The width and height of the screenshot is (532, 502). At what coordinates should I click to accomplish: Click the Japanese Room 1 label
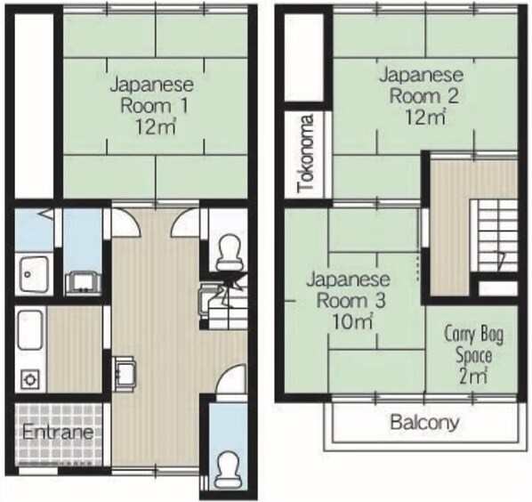pos(152,95)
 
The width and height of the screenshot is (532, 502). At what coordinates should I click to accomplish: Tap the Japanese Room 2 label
pos(422,85)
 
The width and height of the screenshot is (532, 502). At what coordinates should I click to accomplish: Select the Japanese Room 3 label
pos(348,289)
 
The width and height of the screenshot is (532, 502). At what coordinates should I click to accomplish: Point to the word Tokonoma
pos(306,154)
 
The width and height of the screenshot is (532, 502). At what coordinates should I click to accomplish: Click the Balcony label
pos(424,423)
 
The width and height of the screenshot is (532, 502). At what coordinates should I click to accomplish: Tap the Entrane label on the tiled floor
pos(58,432)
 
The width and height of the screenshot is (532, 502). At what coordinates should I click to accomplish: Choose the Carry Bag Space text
pos(473,345)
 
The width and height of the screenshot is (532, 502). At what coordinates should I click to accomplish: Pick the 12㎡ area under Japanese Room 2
pos(425,117)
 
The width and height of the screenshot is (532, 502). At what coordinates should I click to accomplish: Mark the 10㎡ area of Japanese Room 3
pos(353,321)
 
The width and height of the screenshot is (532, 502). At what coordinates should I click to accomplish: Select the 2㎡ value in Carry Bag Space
pos(473,376)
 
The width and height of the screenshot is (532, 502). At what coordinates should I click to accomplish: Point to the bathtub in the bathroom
pos(30,329)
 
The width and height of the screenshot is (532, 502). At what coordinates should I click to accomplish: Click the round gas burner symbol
pos(30,378)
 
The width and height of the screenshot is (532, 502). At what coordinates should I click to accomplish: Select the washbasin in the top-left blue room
pos(34,274)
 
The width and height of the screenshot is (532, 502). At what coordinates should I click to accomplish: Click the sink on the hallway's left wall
pos(125,374)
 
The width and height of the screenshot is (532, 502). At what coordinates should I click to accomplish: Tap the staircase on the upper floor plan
pos(494,236)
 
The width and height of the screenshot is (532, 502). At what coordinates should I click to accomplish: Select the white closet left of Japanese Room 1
pos(34,105)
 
